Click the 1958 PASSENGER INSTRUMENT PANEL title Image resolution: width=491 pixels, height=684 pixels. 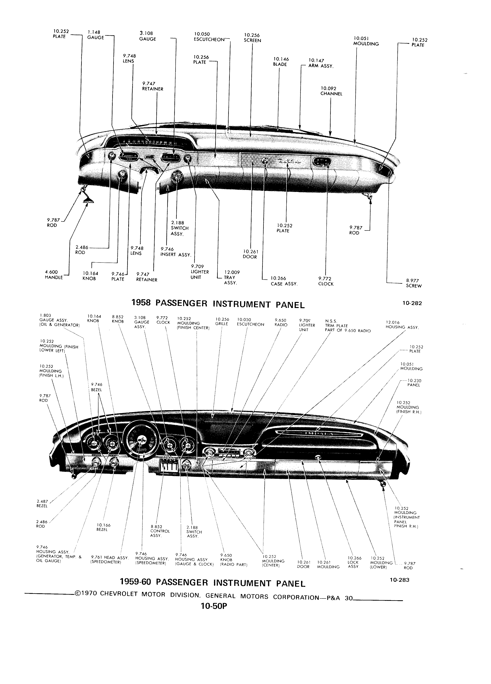pos(219,304)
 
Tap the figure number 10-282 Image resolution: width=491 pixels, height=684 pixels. pos(412,303)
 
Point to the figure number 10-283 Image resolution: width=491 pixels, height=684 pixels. pos(399,580)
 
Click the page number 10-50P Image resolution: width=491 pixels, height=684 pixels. pos(213,606)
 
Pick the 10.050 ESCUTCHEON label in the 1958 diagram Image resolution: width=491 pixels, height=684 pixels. pos(210,37)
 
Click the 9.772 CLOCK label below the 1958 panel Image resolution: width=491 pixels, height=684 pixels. pos(326,281)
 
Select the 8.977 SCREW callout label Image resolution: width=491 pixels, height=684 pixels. pos(414,283)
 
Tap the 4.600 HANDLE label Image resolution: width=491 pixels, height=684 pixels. pos(54,274)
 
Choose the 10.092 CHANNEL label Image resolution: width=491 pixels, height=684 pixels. pos(331,91)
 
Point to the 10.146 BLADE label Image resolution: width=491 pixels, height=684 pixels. pos(280,62)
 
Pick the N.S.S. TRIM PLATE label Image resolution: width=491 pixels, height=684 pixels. pos(347,326)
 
